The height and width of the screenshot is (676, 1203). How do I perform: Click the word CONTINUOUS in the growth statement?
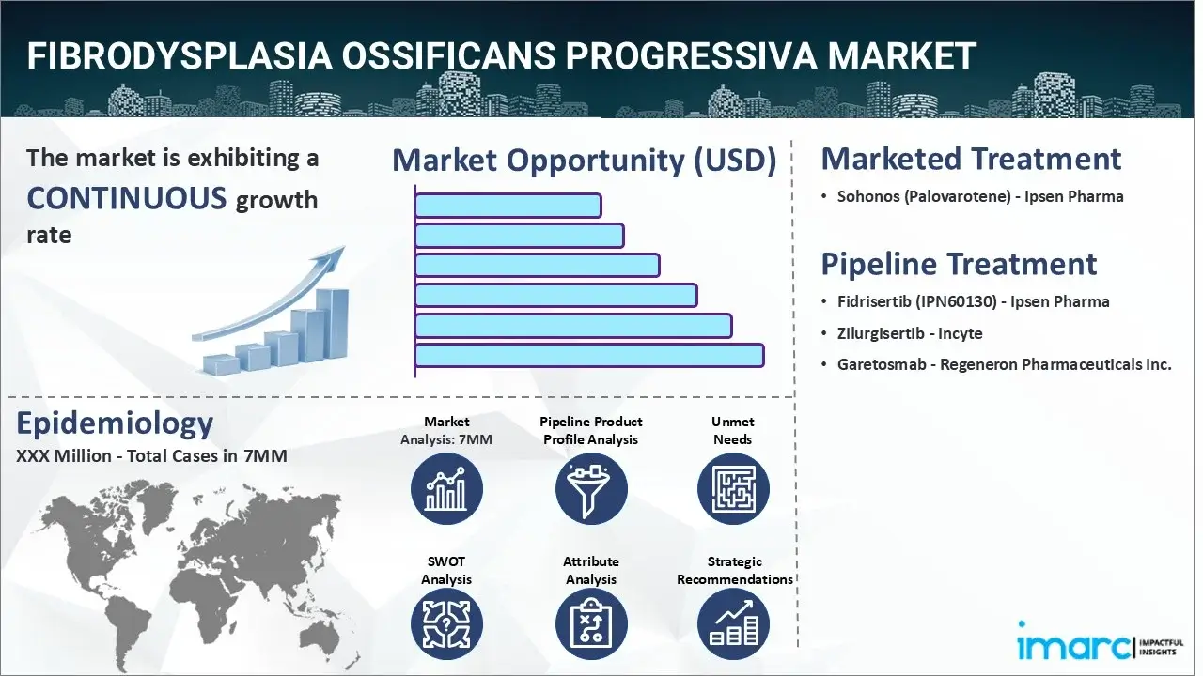click(x=127, y=197)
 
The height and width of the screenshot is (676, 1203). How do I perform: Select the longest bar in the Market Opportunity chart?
click(x=589, y=356)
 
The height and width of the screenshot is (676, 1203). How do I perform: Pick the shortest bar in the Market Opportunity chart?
click(x=508, y=206)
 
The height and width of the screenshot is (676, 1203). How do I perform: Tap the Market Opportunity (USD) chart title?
click(x=585, y=160)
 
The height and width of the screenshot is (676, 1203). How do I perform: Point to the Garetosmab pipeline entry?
click(x=1005, y=364)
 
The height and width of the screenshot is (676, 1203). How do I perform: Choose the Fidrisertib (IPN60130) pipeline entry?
click(x=973, y=301)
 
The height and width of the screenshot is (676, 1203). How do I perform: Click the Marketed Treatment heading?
click(x=971, y=159)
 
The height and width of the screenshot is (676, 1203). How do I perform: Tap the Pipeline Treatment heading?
click(x=959, y=264)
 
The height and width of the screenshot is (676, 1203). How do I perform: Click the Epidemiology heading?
click(x=115, y=423)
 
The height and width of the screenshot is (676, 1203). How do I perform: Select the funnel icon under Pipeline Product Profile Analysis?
click(x=591, y=489)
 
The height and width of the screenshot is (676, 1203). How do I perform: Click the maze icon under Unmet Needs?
click(x=733, y=489)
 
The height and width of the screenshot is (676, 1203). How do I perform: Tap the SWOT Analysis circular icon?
click(x=446, y=624)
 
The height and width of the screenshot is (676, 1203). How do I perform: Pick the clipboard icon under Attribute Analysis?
click(x=591, y=624)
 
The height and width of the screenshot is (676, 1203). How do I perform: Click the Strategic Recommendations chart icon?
click(x=733, y=624)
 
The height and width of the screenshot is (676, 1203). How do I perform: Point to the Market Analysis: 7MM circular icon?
click(x=446, y=489)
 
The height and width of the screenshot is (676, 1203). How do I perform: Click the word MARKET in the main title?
click(x=901, y=55)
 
